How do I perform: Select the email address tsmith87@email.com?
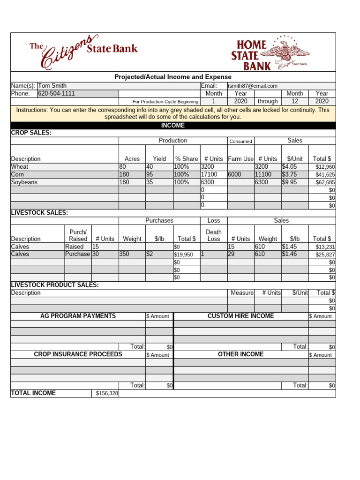[x=253, y=86]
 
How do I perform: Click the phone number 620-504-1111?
[x=56, y=93]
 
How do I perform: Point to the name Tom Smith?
[x=52, y=86]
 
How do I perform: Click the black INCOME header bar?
[x=173, y=126]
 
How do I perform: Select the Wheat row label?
[x=20, y=166]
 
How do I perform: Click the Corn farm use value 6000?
[x=235, y=174]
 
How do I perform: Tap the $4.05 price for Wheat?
[x=289, y=166]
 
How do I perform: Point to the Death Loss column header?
[x=213, y=235]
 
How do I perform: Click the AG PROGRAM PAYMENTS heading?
[x=78, y=316]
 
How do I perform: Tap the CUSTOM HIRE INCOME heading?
[x=240, y=316]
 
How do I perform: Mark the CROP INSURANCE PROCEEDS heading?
[x=78, y=354]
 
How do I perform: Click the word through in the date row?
[x=268, y=101]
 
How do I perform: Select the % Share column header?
[x=186, y=159]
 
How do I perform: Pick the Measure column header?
[x=242, y=292]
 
